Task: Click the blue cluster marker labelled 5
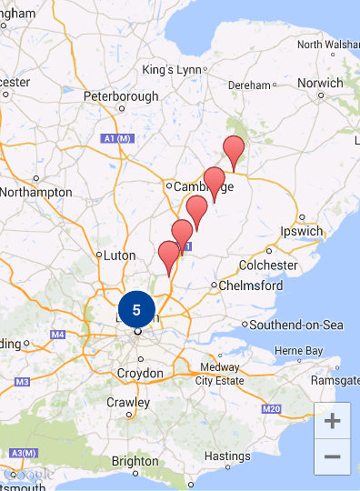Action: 136,310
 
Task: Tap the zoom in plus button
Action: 332,421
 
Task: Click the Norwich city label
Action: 320,83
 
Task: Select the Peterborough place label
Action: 121,96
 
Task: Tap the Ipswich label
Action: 302,231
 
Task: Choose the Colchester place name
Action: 268,265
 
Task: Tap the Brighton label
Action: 134,461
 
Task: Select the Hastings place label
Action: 227,456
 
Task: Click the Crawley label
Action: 128,402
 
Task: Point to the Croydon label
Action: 139,374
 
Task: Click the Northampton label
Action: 37,192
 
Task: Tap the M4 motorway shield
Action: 58,335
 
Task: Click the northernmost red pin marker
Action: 234,149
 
